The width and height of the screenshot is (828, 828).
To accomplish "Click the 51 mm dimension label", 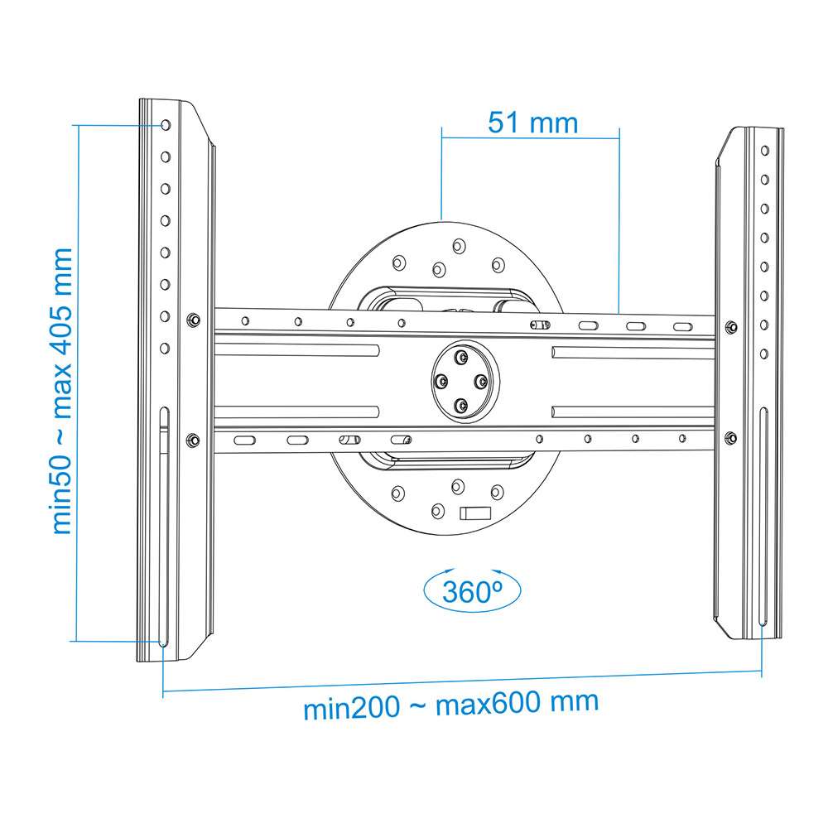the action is [532, 123].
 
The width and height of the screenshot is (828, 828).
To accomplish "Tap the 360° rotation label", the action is [472, 591].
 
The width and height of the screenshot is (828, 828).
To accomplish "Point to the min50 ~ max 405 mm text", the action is [62, 391].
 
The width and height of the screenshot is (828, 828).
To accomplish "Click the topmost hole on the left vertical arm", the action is [166, 125].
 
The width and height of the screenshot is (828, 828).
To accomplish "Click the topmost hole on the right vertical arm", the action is [764, 151].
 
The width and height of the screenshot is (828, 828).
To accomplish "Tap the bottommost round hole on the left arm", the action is [165, 349].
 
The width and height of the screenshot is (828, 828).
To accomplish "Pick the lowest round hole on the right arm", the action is [764, 354].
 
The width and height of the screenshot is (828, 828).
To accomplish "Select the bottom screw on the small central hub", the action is [462, 406].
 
